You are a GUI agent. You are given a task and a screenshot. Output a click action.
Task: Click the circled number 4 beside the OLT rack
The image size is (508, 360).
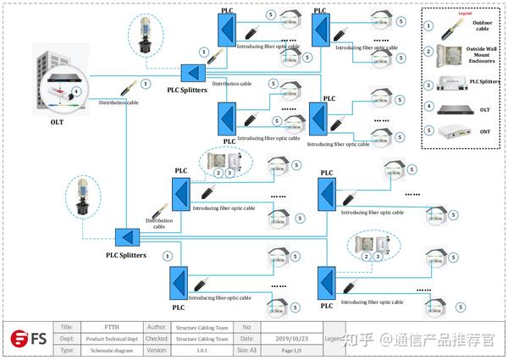77,90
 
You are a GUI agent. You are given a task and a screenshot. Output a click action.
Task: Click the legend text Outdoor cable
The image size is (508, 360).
485,25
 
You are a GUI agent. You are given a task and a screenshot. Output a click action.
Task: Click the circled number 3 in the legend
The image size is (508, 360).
429,84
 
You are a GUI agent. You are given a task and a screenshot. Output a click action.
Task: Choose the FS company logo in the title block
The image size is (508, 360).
28,338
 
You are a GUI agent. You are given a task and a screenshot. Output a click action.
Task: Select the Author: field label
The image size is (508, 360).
156,327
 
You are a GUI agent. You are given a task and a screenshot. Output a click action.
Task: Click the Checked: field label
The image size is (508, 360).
156,338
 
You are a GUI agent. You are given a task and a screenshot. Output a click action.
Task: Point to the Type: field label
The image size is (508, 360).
67,349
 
